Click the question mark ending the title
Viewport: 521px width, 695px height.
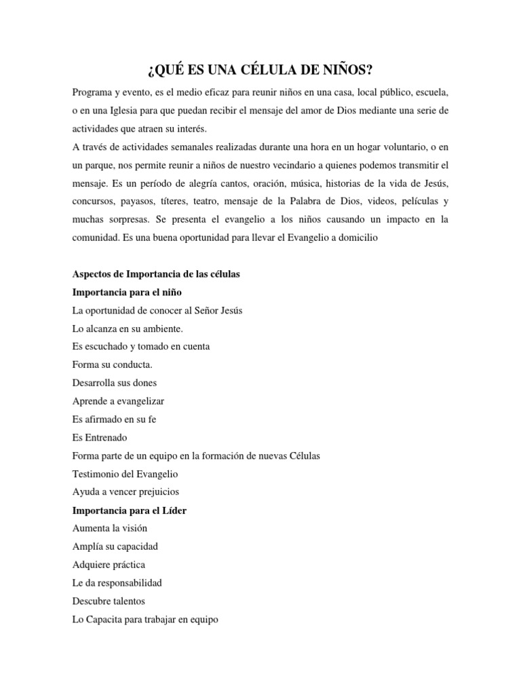click(x=370, y=70)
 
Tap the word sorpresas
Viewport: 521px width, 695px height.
click(x=123, y=219)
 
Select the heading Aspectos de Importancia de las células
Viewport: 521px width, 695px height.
click(x=156, y=274)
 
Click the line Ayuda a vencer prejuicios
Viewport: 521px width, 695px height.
click(x=126, y=492)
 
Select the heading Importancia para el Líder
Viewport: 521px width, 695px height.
click(x=129, y=510)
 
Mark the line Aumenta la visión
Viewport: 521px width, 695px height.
click(x=109, y=528)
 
